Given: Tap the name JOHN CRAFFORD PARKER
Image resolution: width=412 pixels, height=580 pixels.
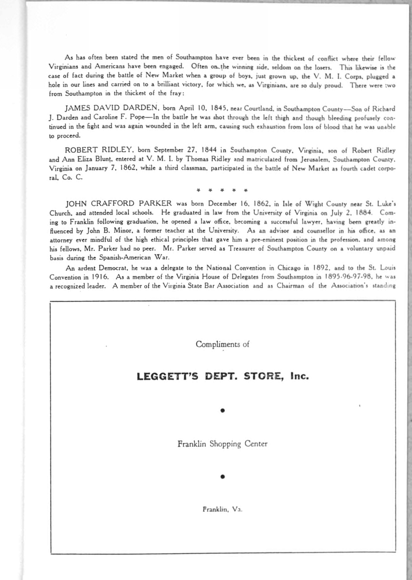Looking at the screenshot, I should coord(119,204).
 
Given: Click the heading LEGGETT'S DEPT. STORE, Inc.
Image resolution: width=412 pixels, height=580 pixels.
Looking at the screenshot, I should coord(223,376).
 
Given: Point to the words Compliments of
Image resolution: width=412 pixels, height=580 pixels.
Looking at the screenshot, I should coord(222,344).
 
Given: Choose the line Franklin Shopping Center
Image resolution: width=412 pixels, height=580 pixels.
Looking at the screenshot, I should coord(222,444).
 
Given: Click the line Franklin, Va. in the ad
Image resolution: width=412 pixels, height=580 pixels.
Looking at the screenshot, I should coord(222,509).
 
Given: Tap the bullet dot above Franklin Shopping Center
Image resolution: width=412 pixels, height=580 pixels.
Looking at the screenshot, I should coord(222,411).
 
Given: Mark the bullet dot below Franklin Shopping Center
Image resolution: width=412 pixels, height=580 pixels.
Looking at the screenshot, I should coord(222,476).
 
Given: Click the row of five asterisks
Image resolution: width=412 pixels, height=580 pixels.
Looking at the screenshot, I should coord(222,190).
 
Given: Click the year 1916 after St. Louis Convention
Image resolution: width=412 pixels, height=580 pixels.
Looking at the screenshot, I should coord(100,277).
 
